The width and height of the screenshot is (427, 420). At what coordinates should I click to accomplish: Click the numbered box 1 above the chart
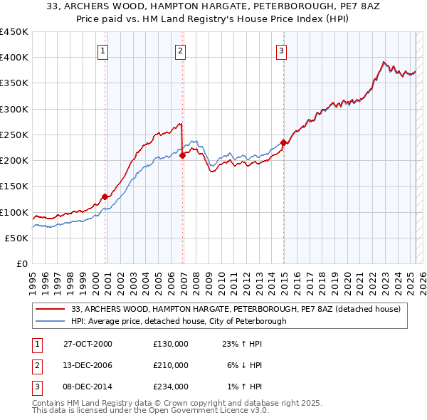[x=104, y=51]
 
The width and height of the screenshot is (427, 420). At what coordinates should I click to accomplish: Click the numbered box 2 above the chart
[x=181, y=51]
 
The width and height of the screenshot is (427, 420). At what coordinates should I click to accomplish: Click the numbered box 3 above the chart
[x=282, y=51]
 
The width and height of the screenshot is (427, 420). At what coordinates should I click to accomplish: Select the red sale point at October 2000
[x=105, y=196]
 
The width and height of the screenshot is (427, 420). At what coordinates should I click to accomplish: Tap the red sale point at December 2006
[x=182, y=155]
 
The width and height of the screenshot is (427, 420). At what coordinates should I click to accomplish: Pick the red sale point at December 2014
[x=283, y=143]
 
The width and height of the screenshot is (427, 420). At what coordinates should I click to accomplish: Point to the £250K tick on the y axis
[x=14, y=135]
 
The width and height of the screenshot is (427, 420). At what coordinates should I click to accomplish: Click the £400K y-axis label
[x=14, y=58]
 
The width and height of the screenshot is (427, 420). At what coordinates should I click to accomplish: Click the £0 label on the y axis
[x=21, y=263]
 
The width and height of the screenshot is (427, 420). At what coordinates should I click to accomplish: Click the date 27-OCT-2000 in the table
[x=88, y=344]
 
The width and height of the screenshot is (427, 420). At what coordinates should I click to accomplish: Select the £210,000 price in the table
[x=171, y=365]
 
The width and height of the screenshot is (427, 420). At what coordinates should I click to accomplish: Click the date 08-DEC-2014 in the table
[x=88, y=387]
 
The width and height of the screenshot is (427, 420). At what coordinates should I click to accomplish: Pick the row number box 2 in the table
[x=35, y=365]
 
